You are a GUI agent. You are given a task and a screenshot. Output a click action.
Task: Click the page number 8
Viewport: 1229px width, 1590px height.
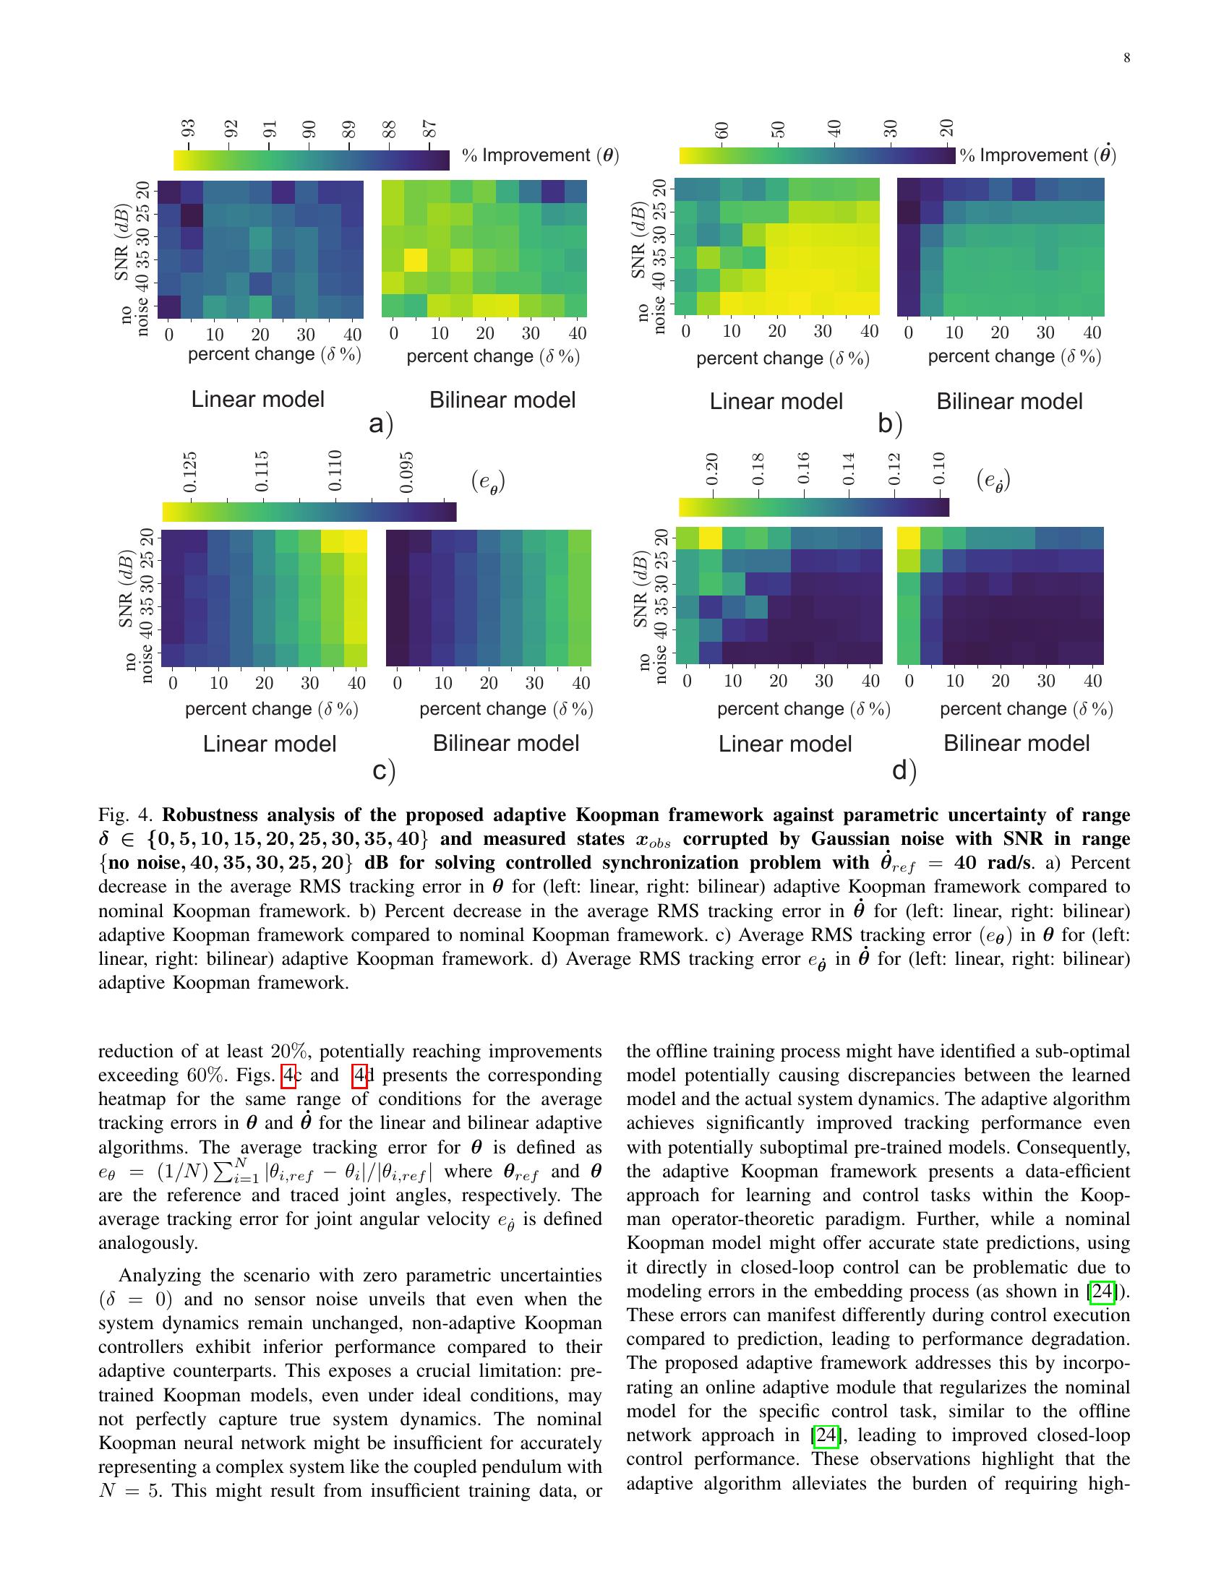[1126, 59]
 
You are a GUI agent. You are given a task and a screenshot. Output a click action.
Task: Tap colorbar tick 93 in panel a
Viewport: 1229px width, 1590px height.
[188, 129]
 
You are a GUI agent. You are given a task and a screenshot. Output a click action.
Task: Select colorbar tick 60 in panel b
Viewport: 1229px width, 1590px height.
[721, 130]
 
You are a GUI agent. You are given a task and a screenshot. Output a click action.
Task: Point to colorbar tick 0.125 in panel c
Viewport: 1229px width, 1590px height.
[190, 472]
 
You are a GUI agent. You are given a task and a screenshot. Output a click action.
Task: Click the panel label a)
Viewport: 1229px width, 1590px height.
[381, 423]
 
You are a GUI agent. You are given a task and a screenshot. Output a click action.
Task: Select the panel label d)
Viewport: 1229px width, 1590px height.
[904, 770]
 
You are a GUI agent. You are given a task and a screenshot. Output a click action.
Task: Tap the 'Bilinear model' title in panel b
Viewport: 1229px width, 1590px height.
[1009, 401]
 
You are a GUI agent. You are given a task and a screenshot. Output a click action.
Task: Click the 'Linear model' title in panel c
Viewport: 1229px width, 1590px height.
[270, 743]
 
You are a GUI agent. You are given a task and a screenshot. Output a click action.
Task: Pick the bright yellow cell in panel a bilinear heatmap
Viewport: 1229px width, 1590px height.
[416, 259]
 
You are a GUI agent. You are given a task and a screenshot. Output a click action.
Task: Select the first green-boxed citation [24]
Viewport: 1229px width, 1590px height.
[1102, 1291]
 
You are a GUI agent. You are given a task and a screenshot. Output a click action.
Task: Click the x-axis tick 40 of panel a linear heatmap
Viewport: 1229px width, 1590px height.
[352, 334]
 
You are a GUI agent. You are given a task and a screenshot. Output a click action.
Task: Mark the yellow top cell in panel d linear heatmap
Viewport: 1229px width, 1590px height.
[711, 538]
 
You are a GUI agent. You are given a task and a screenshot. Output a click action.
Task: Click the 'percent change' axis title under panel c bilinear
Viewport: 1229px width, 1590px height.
[506, 708]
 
